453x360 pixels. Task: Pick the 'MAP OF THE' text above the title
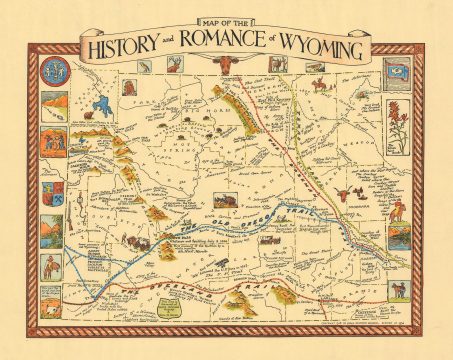225,24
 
